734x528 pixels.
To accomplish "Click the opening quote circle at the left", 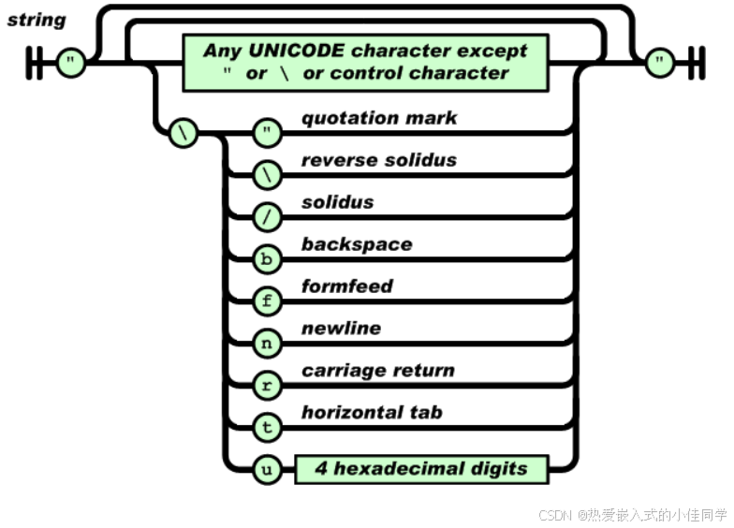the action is [x=71, y=63].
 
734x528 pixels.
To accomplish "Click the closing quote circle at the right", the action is [x=660, y=63].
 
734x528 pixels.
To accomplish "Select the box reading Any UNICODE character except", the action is [x=365, y=63].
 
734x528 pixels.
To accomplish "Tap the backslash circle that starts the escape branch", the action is [x=183, y=133].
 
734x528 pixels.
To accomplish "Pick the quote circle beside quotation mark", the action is [x=268, y=133].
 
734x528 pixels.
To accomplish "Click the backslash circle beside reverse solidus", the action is [x=268, y=175].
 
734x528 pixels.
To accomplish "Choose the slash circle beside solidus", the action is [x=268, y=217].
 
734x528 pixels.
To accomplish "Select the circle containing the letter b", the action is [x=268, y=258].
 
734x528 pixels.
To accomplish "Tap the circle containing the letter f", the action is [x=268, y=301].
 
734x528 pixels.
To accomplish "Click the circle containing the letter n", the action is [x=268, y=343].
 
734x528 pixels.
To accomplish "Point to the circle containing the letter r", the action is [x=268, y=386].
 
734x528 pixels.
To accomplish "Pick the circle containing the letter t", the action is [x=268, y=427].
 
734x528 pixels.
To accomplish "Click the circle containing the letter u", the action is [x=268, y=469].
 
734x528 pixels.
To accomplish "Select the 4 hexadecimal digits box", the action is [x=421, y=469].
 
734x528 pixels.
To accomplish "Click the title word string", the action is [x=37, y=21].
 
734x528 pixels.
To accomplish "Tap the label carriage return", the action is [x=378, y=371].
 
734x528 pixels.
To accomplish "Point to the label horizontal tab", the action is [x=373, y=412].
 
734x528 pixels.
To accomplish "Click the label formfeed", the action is [x=347, y=286].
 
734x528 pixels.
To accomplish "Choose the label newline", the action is [x=341, y=328].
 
